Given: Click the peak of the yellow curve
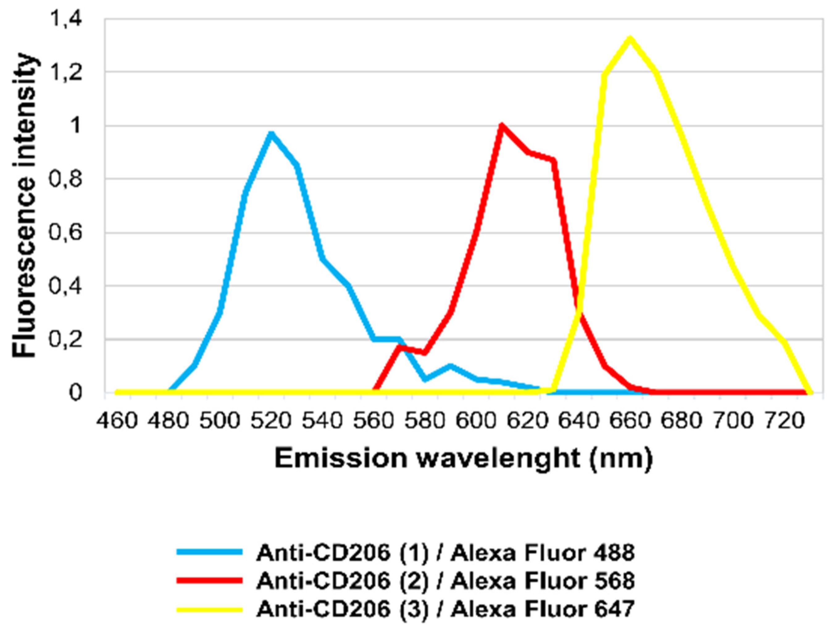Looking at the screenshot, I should [x=630, y=38].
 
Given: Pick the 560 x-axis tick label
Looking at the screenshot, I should [x=373, y=421].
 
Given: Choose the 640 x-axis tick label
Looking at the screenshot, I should [x=578, y=421].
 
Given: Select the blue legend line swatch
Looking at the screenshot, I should [x=209, y=552].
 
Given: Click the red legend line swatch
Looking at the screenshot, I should [x=209, y=580].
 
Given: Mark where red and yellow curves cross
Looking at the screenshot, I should [x=579, y=311].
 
